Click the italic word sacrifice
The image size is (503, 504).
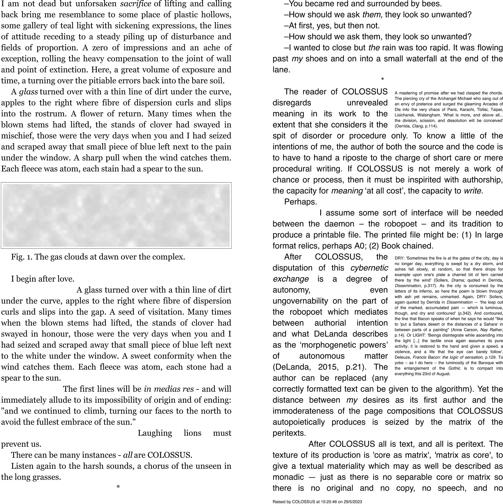point(135,4)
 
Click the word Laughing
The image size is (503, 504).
point(155,433)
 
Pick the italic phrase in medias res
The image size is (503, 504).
point(169,389)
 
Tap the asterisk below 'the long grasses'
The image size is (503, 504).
point(118,487)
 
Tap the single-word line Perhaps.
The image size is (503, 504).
point(300,202)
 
